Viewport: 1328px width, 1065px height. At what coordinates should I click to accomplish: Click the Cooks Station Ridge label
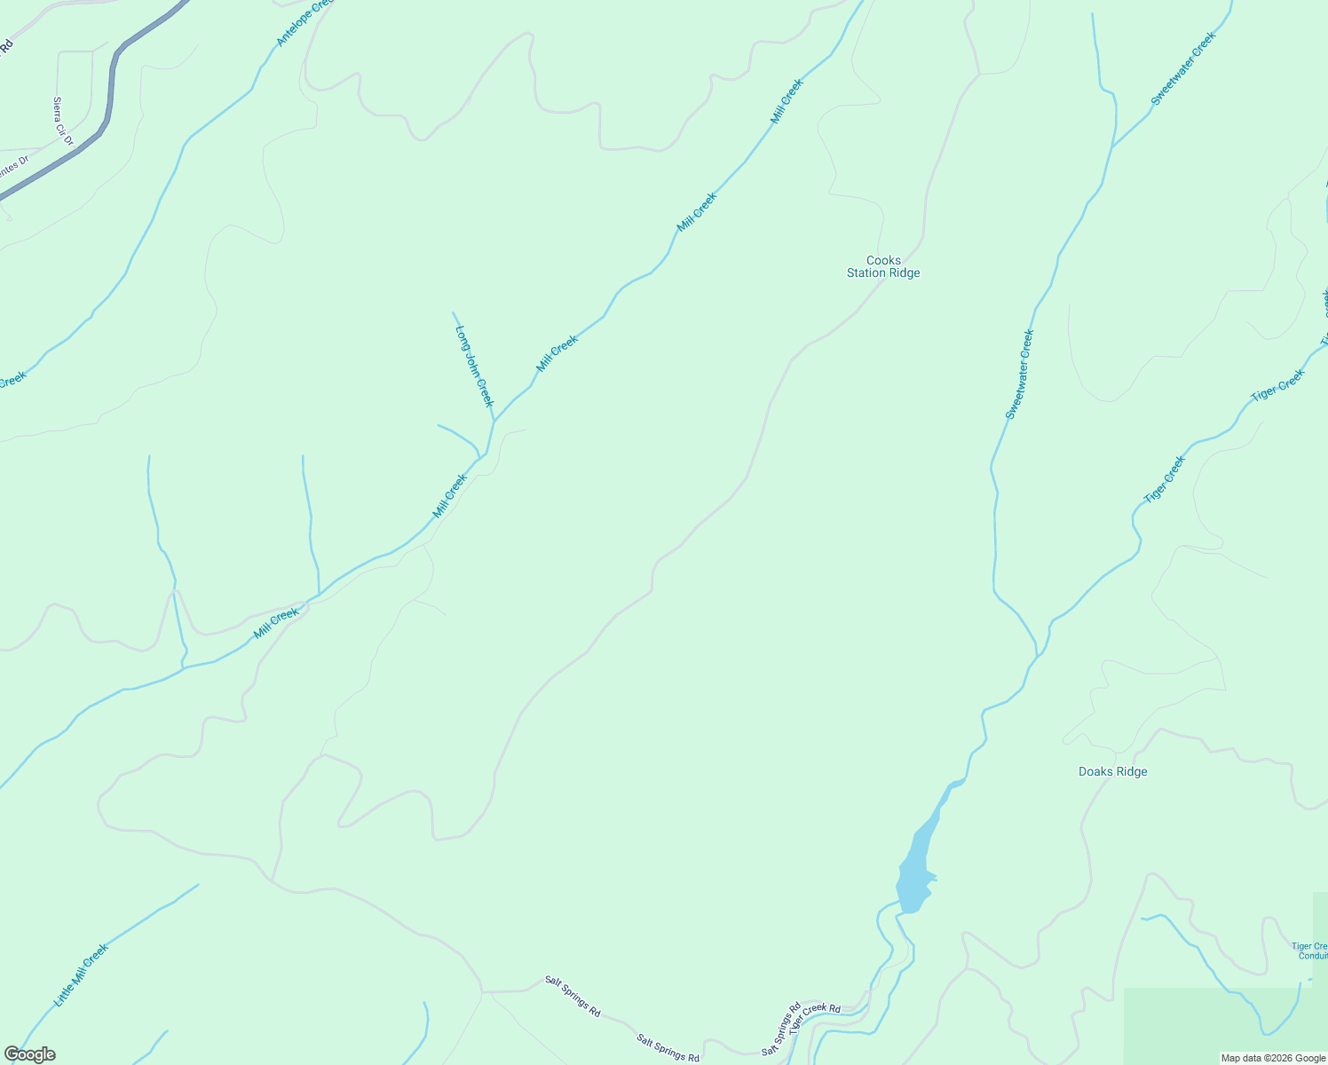tap(883, 267)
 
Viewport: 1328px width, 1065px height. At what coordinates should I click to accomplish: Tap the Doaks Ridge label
tap(1112, 772)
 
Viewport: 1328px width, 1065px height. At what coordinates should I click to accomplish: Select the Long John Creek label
tap(474, 366)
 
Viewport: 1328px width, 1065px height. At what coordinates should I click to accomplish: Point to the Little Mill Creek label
tap(81, 974)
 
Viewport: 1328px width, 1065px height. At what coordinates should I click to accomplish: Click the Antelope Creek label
tap(304, 23)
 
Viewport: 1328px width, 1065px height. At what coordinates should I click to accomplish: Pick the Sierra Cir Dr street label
tap(62, 122)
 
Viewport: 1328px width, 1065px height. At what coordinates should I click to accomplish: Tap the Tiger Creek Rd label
tap(815, 1014)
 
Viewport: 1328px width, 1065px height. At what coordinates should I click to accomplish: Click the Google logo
tap(30, 1054)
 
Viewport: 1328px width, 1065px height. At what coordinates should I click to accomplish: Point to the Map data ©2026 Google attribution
tap(1273, 1058)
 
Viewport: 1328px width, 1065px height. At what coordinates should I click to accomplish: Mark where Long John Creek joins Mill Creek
tap(494, 421)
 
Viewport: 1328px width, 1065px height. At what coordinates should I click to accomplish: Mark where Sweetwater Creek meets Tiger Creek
tap(1037, 656)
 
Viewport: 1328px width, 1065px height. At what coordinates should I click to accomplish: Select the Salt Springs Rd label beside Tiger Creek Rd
tap(781, 1029)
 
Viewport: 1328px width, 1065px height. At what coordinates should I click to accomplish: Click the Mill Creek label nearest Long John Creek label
tap(557, 353)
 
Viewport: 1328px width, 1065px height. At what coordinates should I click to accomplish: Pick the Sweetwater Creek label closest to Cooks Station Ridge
tap(1020, 375)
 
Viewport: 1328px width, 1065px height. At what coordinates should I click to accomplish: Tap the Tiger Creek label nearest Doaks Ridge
tap(1165, 479)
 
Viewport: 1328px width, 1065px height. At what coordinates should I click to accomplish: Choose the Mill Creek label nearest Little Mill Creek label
tap(276, 623)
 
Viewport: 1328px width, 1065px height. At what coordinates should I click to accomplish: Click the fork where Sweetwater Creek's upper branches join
tap(1113, 147)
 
